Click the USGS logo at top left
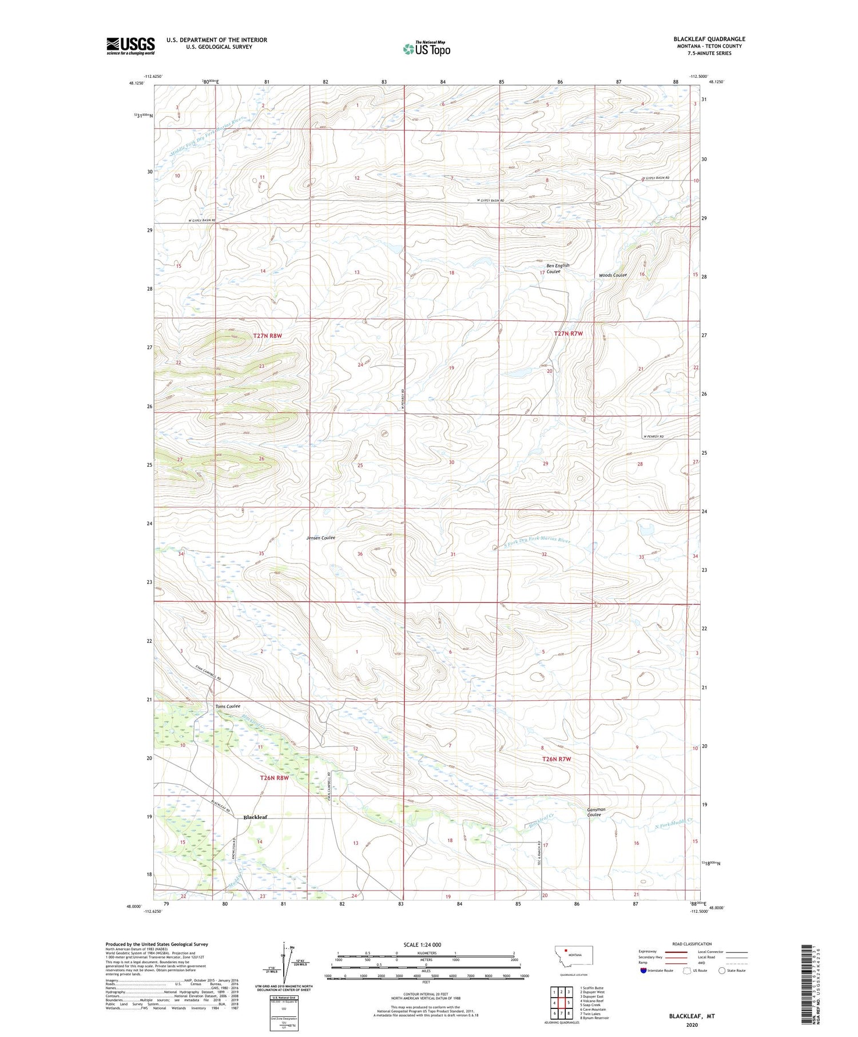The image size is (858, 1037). click(x=130, y=46)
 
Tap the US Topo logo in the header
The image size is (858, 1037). click(x=427, y=49)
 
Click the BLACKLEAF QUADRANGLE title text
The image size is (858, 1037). click(x=709, y=39)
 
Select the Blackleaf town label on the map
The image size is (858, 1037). click(x=255, y=817)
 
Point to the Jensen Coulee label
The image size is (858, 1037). click(x=320, y=538)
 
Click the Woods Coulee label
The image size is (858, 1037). click(x=613, y=275)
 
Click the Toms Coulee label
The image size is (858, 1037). click(x=227, y=706)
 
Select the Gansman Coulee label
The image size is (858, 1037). click(x=595, y=812)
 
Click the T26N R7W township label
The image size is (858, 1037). click(x=556, y=759)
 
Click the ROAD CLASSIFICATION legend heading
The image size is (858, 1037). click(x=692, y=944)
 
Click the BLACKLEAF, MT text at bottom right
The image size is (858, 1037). click(x=692, y=1016)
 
